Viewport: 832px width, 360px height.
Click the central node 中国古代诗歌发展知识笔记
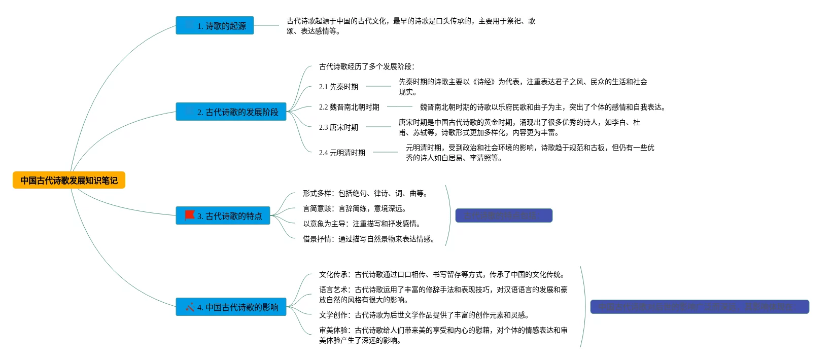[69, 181]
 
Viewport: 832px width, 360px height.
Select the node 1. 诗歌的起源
[215, 26]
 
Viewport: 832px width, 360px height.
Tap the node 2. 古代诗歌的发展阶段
[231, 112]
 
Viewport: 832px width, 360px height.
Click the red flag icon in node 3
[190, 215]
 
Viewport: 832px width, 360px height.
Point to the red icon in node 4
[190, 307]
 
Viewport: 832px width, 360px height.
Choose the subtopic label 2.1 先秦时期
[338, 87]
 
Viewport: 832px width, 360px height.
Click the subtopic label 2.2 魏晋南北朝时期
[349, 107]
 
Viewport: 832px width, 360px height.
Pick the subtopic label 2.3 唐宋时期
[338, 127]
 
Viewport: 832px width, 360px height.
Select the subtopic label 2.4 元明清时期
[342, 153]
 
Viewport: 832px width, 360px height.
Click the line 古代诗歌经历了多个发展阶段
[367, 66]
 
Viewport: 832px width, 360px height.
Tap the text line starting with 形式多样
[365, 193]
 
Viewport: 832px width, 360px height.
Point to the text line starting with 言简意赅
[355, 208]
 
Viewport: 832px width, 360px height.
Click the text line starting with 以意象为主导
[362, 224]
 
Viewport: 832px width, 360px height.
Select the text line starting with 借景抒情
[369, 239]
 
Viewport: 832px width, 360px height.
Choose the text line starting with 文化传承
[441, 274]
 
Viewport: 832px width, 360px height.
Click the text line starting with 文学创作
[424, 315]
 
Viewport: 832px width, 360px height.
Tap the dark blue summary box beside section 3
[504, 215]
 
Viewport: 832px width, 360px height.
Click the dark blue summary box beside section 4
[700, 307]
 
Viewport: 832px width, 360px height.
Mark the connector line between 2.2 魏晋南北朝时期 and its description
[400, 106]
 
